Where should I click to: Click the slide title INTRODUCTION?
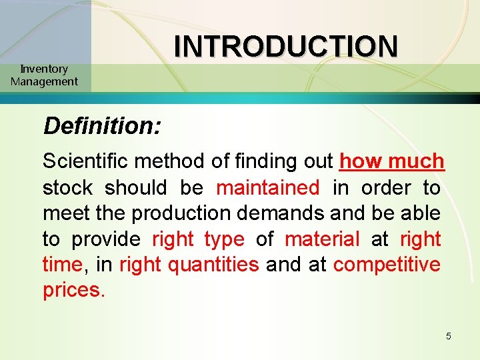[x=286, y=46]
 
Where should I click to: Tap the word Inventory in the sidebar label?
[x=44, y=69]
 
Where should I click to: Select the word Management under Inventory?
[x=44, y=81]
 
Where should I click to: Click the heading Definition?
[x=102, y=125]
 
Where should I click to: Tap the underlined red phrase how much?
[x=392, y=161]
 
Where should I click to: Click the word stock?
[x=68, y=187]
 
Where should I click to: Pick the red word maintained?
[x=268, y=187]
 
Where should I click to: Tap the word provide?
[x=106, y=239]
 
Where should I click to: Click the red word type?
[x=225, y=239]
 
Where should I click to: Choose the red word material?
[x=322, y=239]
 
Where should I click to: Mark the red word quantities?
[x=213, y=265]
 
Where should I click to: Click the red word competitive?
[x=387, y=265]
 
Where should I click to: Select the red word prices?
[x=73, y=291]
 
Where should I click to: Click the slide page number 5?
[x=449, y=336]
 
